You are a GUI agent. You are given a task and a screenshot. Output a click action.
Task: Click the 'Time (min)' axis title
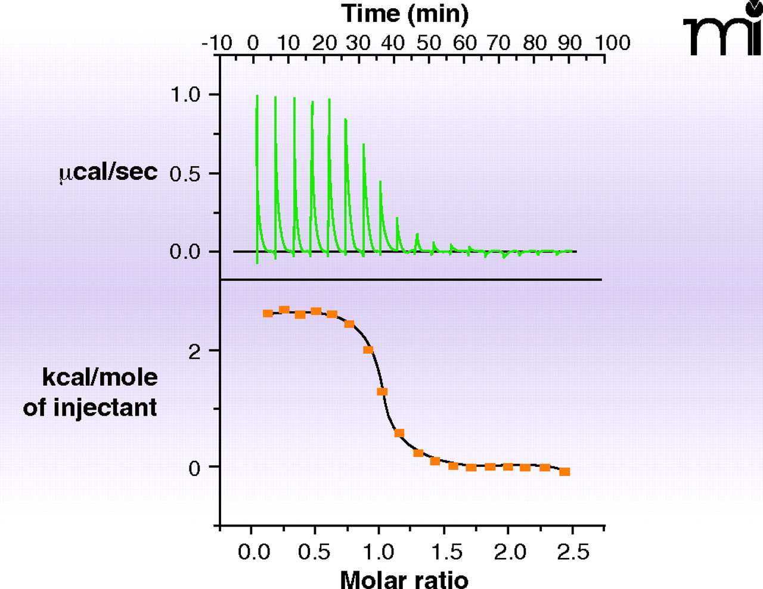(x=405, y=13)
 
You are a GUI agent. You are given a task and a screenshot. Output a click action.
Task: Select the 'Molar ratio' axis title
(x=404, y=579)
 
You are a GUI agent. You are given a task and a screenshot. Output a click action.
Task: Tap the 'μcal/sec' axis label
(x=108, y=172)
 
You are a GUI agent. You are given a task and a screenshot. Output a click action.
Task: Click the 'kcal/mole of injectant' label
(x=91, y=392)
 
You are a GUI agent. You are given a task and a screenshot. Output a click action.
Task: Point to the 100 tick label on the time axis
(x=612, y=43)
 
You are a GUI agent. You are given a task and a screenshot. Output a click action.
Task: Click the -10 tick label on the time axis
(x=217, y=43)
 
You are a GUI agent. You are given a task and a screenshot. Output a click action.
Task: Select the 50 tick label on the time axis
(x=429, y=43)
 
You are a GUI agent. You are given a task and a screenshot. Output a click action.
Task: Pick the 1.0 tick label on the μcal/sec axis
(x=185, y=95)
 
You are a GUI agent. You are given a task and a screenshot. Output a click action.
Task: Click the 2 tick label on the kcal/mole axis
(x=194, y=352)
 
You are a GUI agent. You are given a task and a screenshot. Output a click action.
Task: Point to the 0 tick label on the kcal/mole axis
(x=194, y=468)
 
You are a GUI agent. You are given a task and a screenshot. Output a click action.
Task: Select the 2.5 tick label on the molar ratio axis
(x=573, y=552)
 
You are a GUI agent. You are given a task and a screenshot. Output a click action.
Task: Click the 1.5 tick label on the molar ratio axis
(x=446, y=552)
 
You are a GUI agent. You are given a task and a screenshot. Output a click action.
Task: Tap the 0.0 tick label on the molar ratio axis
(x=254, y=552)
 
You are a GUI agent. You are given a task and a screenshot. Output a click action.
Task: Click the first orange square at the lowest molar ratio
(x=268, y=313)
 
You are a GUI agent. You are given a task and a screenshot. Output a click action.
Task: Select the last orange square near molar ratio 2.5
(x=565, y=472)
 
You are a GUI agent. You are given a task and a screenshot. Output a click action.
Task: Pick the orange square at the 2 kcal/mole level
(x=368, y=350)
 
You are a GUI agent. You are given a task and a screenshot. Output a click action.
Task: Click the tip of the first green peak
(x=257, y=96)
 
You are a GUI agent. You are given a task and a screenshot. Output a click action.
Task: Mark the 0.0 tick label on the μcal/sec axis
(x=185, y=252)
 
